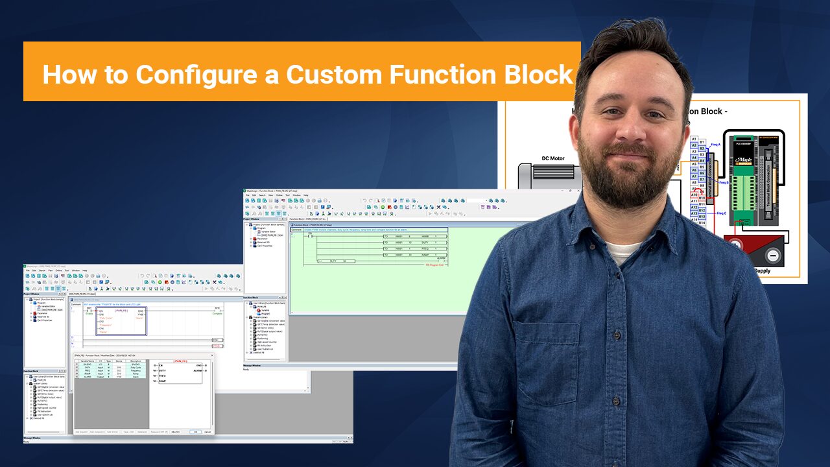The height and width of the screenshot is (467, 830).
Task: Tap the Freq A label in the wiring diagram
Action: (715, 145)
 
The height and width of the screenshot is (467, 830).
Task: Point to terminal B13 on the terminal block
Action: (702, 216)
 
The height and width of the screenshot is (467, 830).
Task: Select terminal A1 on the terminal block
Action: (694, 139)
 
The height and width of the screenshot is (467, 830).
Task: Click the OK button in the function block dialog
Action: (195, 431)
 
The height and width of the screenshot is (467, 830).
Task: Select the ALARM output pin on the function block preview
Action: (199, 371)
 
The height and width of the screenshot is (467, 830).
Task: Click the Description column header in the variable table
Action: (135, 361)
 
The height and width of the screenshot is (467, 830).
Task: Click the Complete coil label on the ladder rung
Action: (217, 314)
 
